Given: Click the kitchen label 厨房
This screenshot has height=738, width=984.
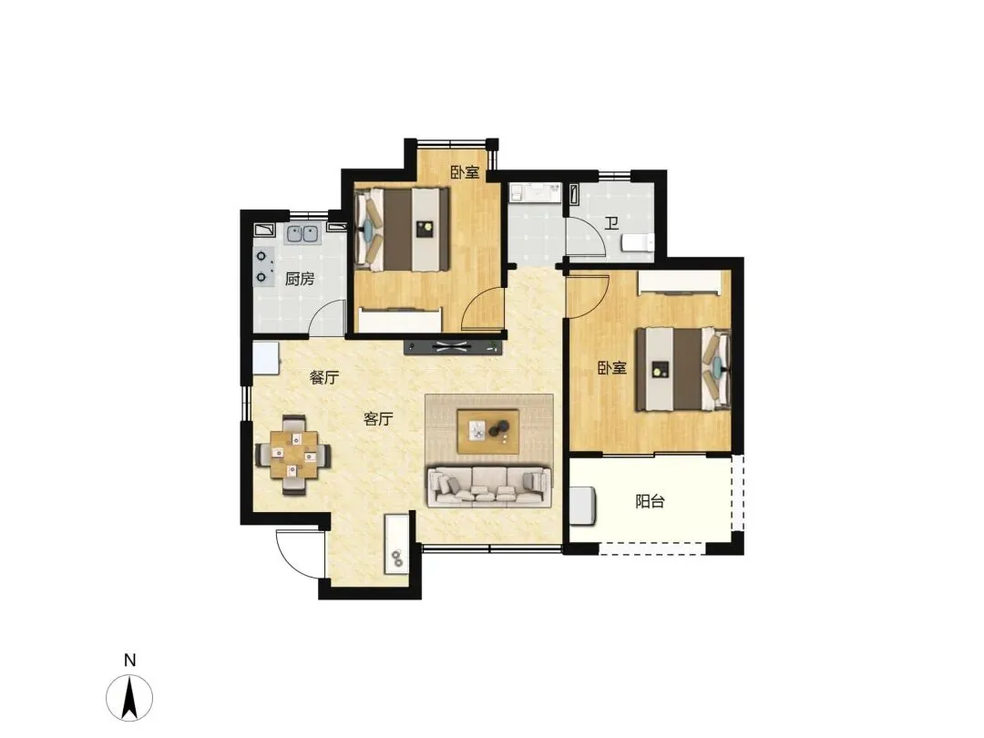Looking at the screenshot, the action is point(300,279).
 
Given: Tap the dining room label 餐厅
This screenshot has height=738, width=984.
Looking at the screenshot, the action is point(323,377).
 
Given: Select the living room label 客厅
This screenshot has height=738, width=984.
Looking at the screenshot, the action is point(378,418).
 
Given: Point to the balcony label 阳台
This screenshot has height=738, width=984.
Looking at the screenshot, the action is point(650,501).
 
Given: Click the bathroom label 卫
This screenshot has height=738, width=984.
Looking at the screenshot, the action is point(611,223).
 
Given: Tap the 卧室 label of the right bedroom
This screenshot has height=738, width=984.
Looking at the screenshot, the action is point(612,368).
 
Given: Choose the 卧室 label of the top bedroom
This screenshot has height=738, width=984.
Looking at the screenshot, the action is point(465,172).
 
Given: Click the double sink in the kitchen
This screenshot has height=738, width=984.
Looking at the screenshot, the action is point(302,234).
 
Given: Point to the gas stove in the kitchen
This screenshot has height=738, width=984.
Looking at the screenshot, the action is point(264,266).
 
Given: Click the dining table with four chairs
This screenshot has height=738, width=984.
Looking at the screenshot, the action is point(293,455).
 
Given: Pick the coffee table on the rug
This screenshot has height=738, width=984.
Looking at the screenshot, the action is point(487,431).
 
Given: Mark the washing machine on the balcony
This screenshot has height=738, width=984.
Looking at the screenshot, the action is point(582,505).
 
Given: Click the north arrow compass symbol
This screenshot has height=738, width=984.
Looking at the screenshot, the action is point(129,697).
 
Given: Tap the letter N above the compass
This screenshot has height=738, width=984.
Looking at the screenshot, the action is point(130,661).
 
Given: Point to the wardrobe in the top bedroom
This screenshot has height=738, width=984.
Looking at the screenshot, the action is point(400,319).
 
